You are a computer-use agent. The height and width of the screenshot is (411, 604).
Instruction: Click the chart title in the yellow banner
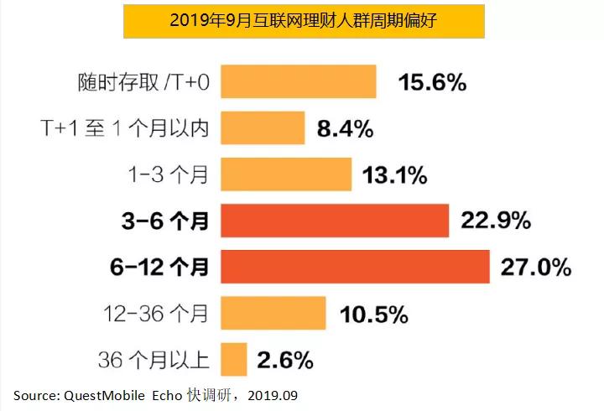pos(303,22)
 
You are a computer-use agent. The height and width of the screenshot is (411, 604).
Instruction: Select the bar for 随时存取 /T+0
pos(298,82)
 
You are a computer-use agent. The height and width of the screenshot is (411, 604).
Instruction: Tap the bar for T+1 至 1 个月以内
pos(263,128)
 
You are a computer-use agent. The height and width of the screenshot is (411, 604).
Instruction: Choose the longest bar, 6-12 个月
pos(355,267)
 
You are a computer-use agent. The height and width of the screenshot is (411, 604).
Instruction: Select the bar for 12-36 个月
pos(273,313)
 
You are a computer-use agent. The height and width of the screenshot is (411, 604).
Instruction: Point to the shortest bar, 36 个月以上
pos(234,359)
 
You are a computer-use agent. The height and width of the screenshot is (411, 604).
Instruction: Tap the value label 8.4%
pos(345,129)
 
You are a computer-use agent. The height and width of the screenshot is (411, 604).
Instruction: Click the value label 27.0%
pos(536,268)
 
